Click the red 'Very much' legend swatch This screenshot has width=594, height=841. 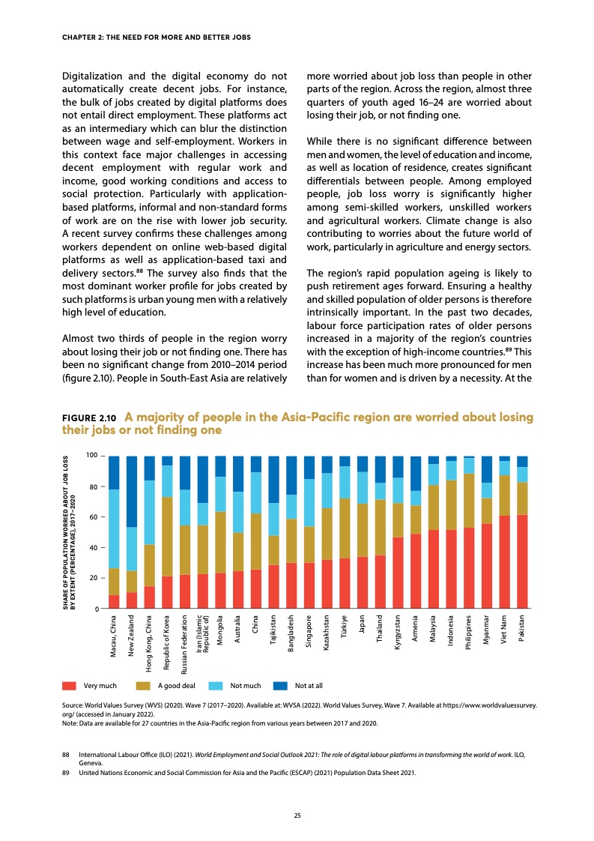(x=68, y=686)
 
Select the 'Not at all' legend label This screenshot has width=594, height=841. (x=309, y=686)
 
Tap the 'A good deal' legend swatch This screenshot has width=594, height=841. (x=143, y=686)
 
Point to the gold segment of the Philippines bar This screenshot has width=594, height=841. (x=469, y=501)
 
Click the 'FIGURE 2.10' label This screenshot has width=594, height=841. (x=88, y=418)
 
